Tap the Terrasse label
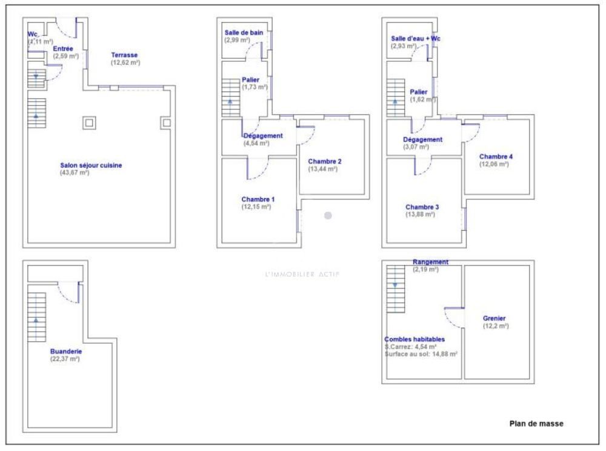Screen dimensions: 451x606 (124, 55)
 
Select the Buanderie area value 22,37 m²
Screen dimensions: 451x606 (65, 359)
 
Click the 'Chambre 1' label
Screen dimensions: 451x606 (258, 199)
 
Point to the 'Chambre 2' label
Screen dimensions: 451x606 (324, 161)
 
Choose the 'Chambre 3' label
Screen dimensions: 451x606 (422, 207)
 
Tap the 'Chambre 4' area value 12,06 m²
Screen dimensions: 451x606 (494, 164)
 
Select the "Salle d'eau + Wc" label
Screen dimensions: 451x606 (415, 39)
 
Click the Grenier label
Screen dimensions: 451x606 (494, 318)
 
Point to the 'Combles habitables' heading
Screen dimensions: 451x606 (415, 339)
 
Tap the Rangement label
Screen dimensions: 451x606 (430, 262)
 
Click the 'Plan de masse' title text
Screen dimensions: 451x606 (536, 424)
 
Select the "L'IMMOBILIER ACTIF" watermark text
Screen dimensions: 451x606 (302, 273)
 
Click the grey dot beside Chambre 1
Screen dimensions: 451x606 (328, 215)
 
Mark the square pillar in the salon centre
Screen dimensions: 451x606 (89, 123)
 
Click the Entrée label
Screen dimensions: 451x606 (64, 48)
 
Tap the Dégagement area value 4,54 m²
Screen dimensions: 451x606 (256, 144)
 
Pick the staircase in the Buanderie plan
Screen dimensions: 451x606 (36, 316)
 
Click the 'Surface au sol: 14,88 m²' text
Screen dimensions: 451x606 (421, 353)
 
